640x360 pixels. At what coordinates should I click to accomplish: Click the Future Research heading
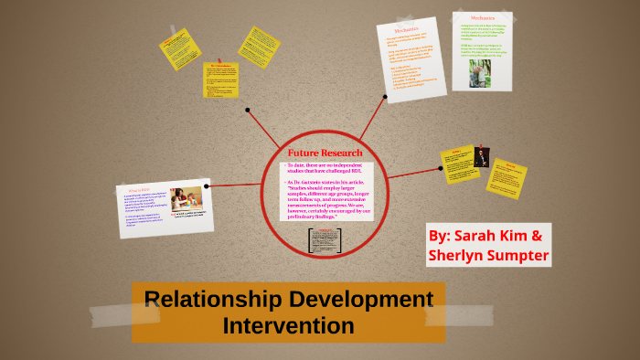(x=325, y=152)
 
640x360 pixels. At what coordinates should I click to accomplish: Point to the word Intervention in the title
(x=287, y=324)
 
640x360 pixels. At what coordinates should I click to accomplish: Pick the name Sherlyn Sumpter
(x=488, y=256)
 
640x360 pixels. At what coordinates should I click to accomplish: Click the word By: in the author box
(x=441, y=235)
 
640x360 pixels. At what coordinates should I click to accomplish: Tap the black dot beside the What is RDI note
(x=207, y=186)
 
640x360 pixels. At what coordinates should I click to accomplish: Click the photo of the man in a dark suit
(x=482, y=157)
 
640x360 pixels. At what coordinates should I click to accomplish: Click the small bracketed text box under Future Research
(x=325, y=240)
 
